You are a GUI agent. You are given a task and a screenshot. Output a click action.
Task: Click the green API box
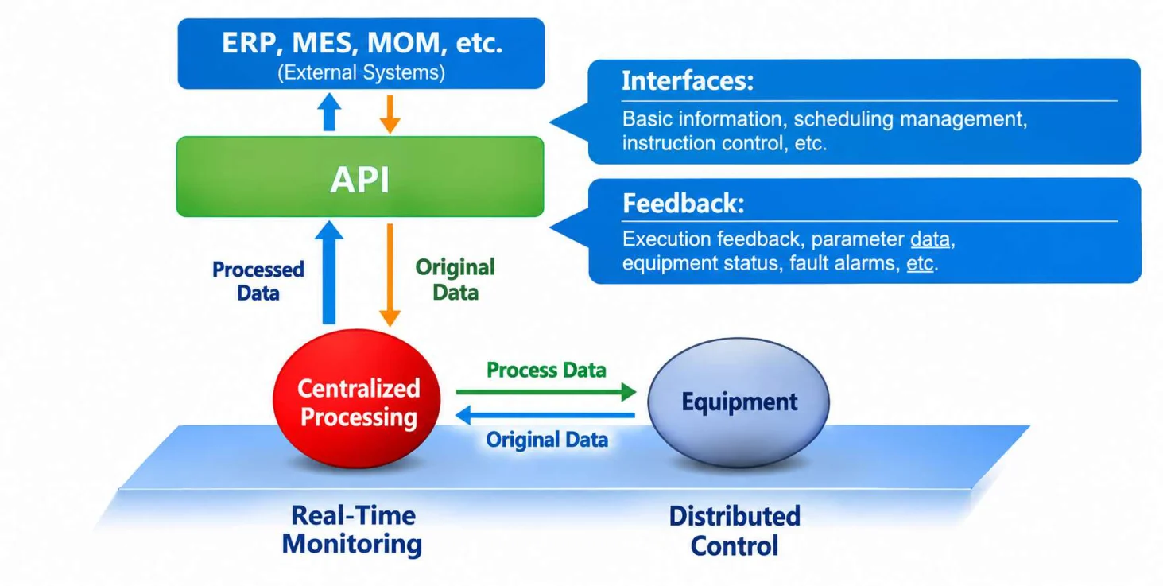click(x=360, y=177)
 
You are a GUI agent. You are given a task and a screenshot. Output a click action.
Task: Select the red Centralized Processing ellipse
click(x=357, y=398)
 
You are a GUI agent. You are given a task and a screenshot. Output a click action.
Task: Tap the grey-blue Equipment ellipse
click(x=739, y=402)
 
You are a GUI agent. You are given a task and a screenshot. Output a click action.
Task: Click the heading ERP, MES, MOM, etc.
click(x=362, y=43)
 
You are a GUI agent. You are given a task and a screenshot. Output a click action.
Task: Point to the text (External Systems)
click(x=362, y=72)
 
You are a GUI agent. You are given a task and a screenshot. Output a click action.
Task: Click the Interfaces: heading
click(x=688, y=81)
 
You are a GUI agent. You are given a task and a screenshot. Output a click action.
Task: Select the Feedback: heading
click(x=684, y=203)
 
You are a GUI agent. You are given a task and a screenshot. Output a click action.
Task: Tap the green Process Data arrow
click(x=546, y=392)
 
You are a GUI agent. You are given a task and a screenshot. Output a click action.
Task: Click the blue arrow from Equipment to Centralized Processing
click(x=545, y=415)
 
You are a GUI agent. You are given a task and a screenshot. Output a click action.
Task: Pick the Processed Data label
click(x=258, y=281)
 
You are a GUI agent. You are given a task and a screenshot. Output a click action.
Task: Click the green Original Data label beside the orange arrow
click(x=456, y=280)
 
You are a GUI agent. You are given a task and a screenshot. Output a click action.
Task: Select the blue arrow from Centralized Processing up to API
click(x=329, y=273)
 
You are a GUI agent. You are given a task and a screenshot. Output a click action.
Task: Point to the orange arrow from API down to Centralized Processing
click(x=390, y=275)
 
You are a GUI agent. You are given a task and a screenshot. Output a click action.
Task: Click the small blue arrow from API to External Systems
click(x=329, y=111)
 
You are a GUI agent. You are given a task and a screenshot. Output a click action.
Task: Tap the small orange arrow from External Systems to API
click(x=390, y=114)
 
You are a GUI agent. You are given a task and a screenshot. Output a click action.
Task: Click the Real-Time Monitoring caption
click(x=352, y=530)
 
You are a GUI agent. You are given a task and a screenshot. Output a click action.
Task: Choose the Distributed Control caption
click(x=735, y=531)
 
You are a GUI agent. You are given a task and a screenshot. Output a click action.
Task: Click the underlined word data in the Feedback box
click(x=930, y=239)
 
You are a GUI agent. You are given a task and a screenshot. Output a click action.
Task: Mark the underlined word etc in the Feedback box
click(x=920, y=263)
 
